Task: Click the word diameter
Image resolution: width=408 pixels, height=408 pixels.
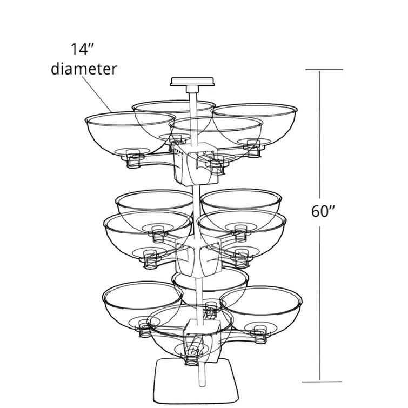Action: coord(84,69)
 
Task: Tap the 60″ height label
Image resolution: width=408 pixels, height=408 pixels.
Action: coord(324,211)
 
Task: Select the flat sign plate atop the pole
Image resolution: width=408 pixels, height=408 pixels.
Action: coord(192,82)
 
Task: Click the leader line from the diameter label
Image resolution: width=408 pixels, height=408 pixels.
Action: coord(98,94)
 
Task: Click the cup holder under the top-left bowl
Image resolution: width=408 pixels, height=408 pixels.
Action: coord(134,160)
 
